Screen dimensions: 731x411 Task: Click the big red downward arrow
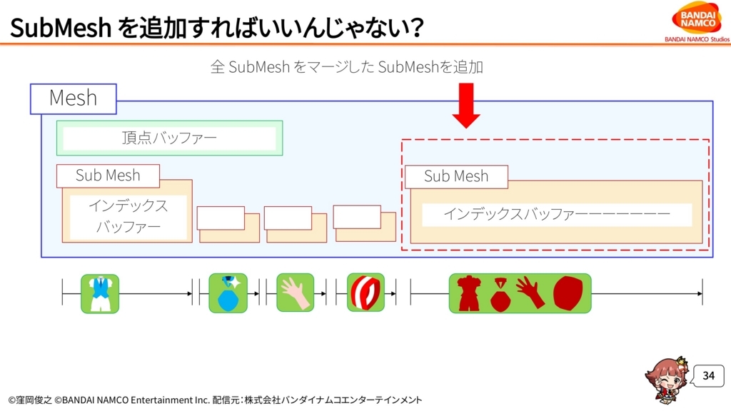tap(466, 106)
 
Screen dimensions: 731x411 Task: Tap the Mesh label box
tap(74, 98)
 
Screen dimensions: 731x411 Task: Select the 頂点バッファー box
tap(169, 138)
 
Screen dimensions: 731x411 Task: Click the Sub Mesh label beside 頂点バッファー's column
tap(108, 176)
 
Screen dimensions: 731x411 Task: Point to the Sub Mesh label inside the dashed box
tap(456, 177)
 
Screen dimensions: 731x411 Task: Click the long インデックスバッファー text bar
tap(557, 214)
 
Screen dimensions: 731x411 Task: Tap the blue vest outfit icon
tap(100, 293)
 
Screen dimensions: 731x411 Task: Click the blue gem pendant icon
tap(228, 293)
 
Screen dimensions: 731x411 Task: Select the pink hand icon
tap(295, 293)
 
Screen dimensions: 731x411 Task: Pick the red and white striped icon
tap(366, 292)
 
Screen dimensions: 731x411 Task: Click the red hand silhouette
tap(530, 292)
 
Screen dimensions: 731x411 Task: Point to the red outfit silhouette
tap(469, 293)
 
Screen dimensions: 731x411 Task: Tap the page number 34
tap(709, 375)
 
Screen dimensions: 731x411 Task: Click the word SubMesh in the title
tap(61, 28)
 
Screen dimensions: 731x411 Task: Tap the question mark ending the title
tap(413, 28)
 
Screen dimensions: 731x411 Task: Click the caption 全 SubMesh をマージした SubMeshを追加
tap(346, 67)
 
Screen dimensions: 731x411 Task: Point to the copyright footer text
tap(215, 400)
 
